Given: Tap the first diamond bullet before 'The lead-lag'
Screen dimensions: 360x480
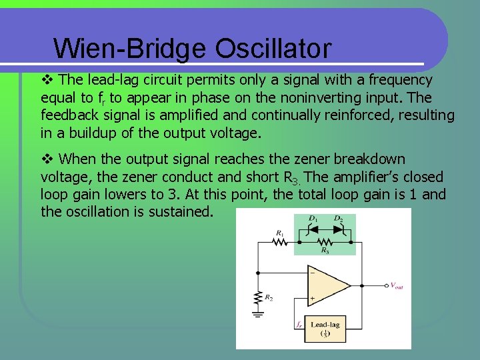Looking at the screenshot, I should coord(47,80).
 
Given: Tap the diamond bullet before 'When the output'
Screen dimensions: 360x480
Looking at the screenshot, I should coord(47,159).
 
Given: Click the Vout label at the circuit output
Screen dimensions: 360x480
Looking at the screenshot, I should coord(395,286).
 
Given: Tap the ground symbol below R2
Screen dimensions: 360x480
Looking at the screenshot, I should coord(257,315).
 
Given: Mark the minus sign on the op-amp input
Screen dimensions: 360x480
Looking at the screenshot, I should coord(311,273).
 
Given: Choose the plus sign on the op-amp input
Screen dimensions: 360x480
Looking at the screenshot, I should coord(311,298).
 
